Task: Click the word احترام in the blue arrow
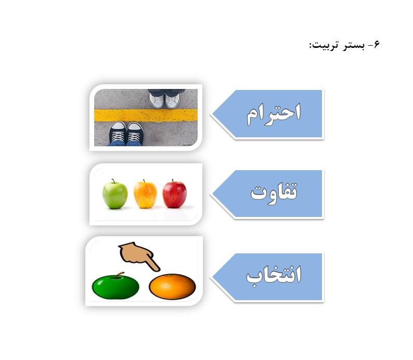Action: click(x=274, y=114)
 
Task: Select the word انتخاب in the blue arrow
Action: click(x=274, y=276)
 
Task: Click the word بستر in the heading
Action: click(x=354, y=45)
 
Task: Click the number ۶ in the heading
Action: click(x=377, y=45)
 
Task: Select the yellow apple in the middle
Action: click(x=145, y=194)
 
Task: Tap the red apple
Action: click(x=175, y=194)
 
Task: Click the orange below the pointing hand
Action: click(x=172, y=287)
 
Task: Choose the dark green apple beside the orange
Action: click(x=115, y=286)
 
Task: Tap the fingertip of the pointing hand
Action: click(x=158, y=269)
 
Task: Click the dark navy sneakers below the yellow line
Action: click(x=127, y=133)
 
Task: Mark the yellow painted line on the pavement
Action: click(x=146, y=115)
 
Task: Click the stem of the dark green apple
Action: click(x=119, y=275)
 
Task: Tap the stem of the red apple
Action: click(x=173, y=181)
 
